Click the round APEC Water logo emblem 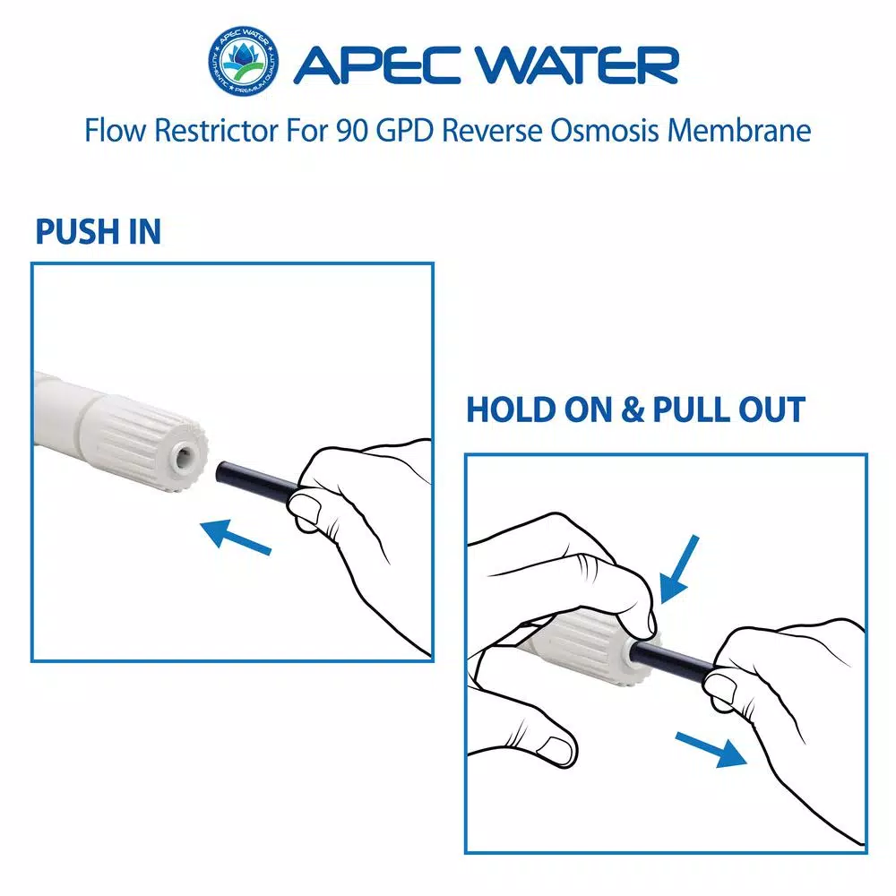[243, 64]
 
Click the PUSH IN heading [99, 232]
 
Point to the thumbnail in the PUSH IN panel [309, 513]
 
